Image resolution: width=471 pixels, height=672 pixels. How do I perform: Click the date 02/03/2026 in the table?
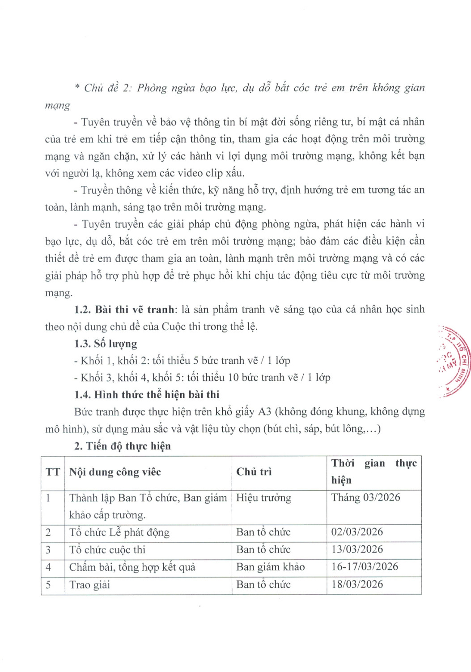(x=357, y=532)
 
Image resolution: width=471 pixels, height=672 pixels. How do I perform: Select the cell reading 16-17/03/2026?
(x=365, y=567)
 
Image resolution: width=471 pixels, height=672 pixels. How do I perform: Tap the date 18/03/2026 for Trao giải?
(x=357, y=584)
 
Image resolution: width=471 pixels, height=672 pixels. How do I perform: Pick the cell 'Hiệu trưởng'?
(x=263, y=498)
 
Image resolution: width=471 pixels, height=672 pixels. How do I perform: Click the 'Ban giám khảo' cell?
(x=270, y=567)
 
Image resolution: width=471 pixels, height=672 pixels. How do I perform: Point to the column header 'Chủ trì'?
(x=254, y=472)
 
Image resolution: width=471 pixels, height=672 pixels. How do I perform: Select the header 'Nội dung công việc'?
(x=115, y=472)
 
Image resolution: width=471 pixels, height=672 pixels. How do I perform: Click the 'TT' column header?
(x=53, y=472)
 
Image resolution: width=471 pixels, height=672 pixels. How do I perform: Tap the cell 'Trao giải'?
(x=89, y=585)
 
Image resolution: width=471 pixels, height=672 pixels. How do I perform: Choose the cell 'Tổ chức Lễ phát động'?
(x=119, y=532)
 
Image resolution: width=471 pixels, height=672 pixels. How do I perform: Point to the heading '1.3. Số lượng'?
(x=106, y=344)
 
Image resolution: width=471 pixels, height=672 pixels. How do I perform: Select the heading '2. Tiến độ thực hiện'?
(x=122, y=446)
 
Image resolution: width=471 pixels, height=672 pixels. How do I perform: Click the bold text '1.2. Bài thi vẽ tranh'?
(x=124, y=310)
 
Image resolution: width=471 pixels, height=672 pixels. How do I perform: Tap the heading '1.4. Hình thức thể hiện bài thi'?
(x=147, y=395)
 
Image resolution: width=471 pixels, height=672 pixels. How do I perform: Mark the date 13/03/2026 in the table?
(x=357, y=549)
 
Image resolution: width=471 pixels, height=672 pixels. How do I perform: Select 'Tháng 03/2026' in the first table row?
(x=365, y=498)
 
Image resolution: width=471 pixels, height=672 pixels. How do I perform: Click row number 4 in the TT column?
(x=48, y=567)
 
